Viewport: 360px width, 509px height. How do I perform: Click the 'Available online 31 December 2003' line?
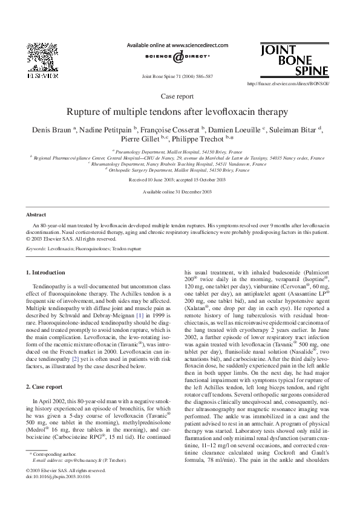click(x=177, y=192)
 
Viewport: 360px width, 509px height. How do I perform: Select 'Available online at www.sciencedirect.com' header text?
click(x=177, y=45)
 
